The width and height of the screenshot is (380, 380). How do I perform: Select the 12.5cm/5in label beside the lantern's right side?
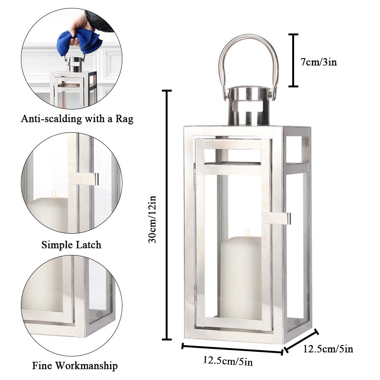tap(328, 348)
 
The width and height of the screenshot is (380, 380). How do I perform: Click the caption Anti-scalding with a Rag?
tap(77, 119)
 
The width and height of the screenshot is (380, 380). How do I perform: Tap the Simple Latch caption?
tap(71, 244)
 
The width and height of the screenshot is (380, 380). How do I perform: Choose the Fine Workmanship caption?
tap(75, 366)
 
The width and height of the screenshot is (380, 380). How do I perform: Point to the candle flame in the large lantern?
tap(248, 233)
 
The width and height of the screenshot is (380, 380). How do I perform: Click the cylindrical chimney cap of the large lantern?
tap(249, 106)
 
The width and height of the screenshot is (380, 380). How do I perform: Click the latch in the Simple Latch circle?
tap(84, 179)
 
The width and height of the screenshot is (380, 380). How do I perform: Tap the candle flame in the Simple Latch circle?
tap(54, 194)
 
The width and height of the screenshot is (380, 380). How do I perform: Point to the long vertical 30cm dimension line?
tap(166, 215)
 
